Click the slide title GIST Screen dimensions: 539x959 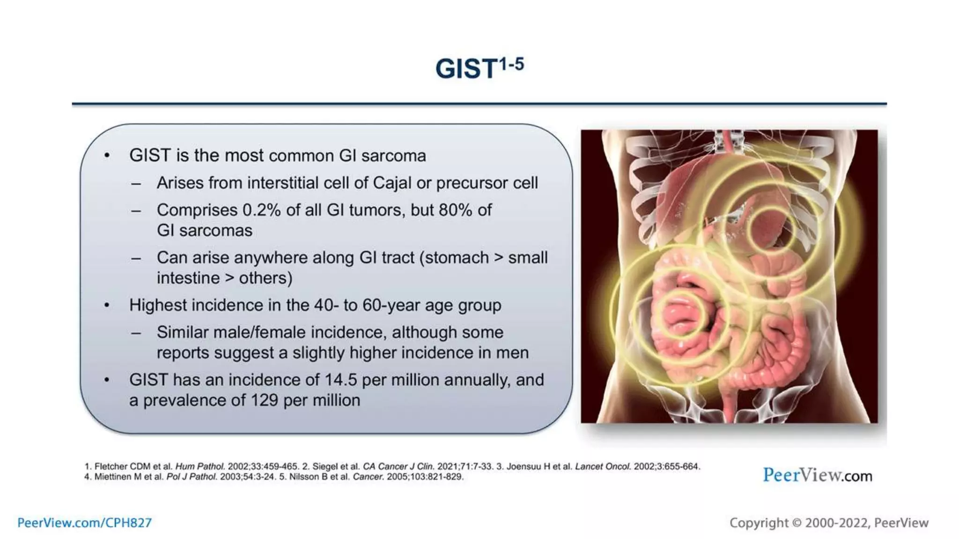(x=465, y=69)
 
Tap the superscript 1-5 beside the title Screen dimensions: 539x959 (x=511, y=64)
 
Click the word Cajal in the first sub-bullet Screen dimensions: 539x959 (x=392, y=183)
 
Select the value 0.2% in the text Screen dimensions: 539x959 (x=261, y=210)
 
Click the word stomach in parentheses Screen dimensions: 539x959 (x=456, y=258)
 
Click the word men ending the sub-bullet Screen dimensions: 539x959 (x=512, y=353)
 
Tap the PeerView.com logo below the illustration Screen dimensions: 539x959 (x=817, y=475)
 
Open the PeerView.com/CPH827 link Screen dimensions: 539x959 (x=85, y=523)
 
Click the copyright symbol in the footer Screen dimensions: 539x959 (x=797, y=523)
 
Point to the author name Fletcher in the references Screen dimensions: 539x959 (x=111, y=466)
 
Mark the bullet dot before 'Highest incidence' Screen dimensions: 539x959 (x=107, y=306)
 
